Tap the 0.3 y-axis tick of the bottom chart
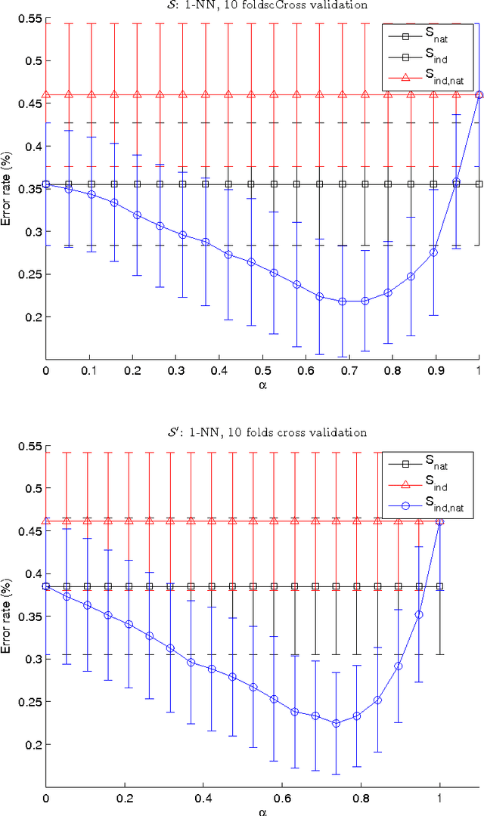pos(33,659)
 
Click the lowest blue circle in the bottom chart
pos(337,723)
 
